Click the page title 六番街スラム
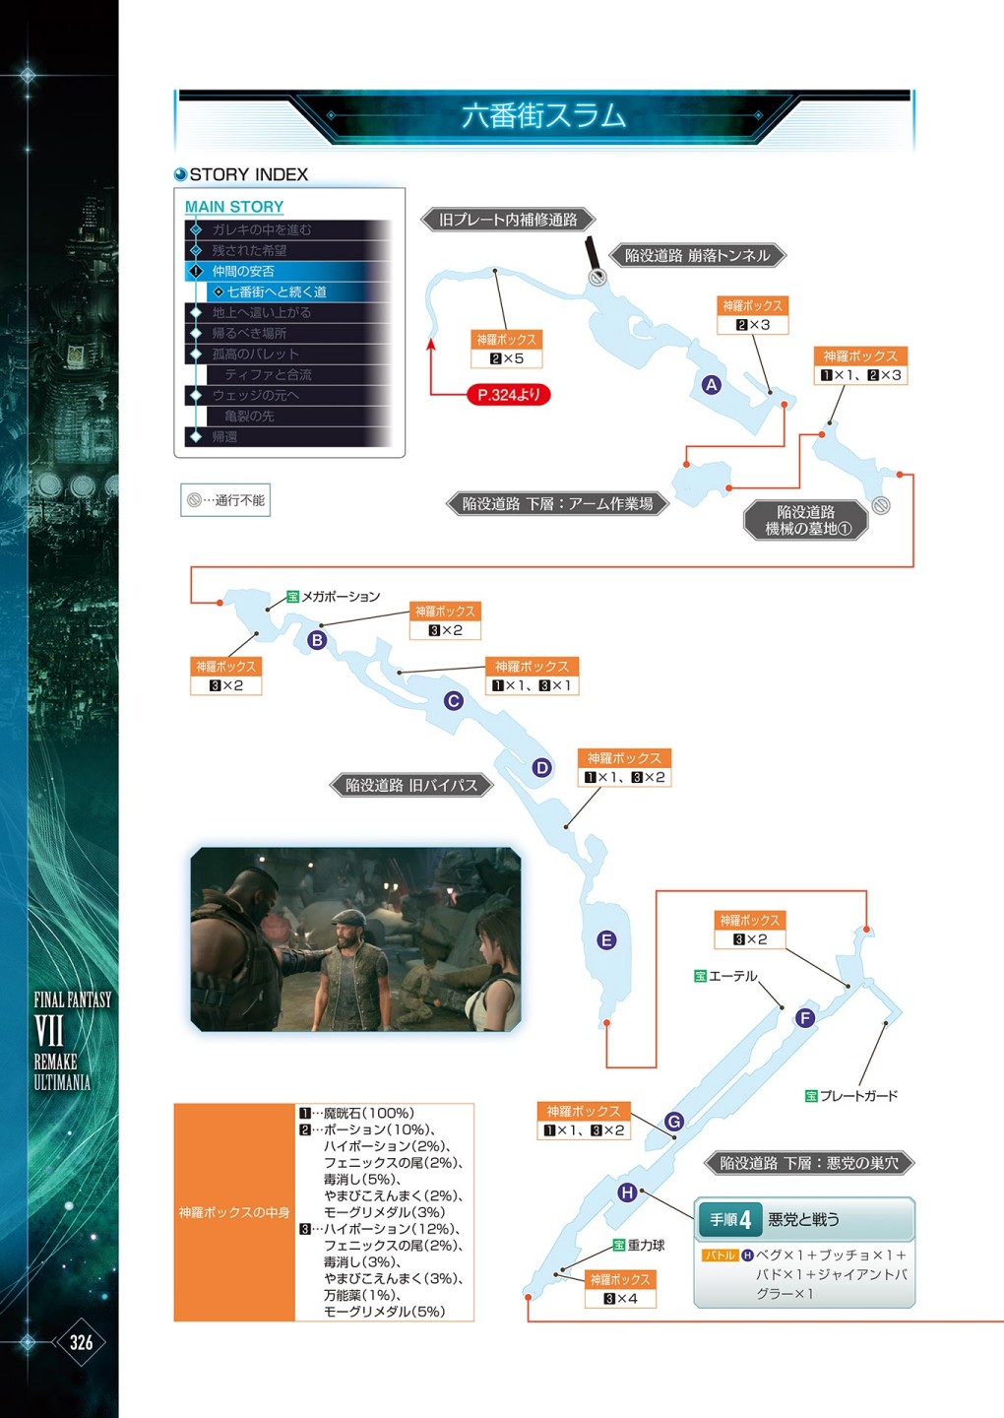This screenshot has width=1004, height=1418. pyautogui.click(x=543, y=116)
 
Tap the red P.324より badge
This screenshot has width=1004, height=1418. pyautogui.click(x=508, y=395)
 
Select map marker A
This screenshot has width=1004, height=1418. pyautogui.click(x=712, y=385)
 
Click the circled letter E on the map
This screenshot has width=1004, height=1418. pyautogui.click(x=606, y=940)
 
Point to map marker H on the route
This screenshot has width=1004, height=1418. pyautogui.click(x=627, y=1192)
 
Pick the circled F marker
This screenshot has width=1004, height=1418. pyautogui.click(x=805, y=1018)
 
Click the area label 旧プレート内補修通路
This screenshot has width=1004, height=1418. pyautogui.click(x=508, y=220)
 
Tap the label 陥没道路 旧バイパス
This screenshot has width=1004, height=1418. pyautogui.click(x=410, y=785)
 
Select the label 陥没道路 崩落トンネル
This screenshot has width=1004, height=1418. pyautogui.click(x=697, y=256)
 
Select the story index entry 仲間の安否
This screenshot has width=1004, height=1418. pyautogui.click(x=243, y=271)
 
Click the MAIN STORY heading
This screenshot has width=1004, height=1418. pyautogui.click(x=234, y=207)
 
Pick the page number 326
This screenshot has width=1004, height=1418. pyautogui.click(x=81, y=1342)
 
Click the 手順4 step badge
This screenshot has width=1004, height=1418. pyautogui.click(x=730, y=1220)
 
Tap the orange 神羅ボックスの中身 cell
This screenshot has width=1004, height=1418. pyautogui.click(x=234, y=1212)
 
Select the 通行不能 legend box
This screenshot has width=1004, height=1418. pyautogui.click(x=225, y=500)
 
